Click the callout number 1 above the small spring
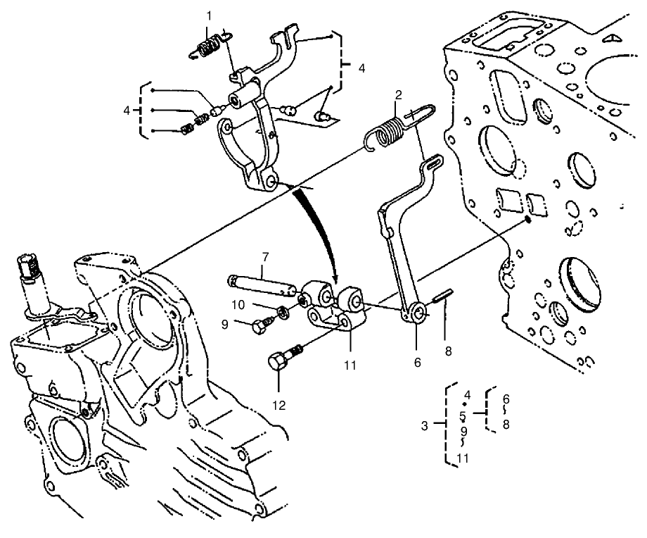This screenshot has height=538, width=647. [x=209, y=15]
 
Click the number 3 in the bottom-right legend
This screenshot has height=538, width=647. [x=425, y=426]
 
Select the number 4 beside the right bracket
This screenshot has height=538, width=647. [x=361, y=68]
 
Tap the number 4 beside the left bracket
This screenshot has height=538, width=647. [x=127, y=110]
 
